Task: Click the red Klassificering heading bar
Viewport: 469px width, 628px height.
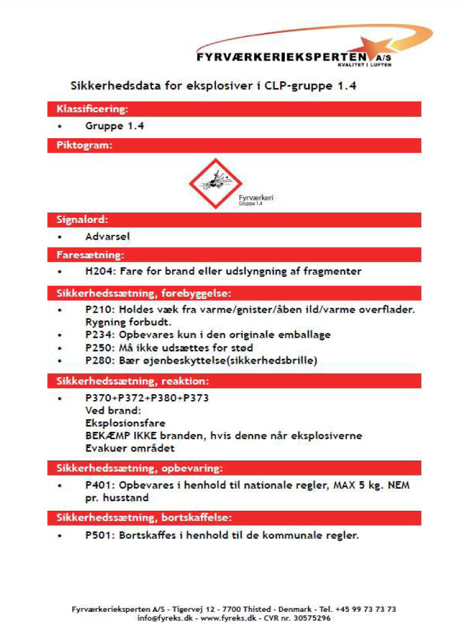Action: (x=234, y=109)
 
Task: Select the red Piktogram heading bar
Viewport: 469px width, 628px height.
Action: (x=234, y=145)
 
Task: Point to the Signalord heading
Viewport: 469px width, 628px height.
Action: (x=82, y=220)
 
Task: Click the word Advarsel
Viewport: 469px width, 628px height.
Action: (x=107, y=236)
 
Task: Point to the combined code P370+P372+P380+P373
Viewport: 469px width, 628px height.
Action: (x=147, y=398)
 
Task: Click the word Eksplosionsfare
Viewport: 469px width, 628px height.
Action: (x=125, y=422)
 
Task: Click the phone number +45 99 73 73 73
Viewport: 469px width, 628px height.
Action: (x=366, y=609)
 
